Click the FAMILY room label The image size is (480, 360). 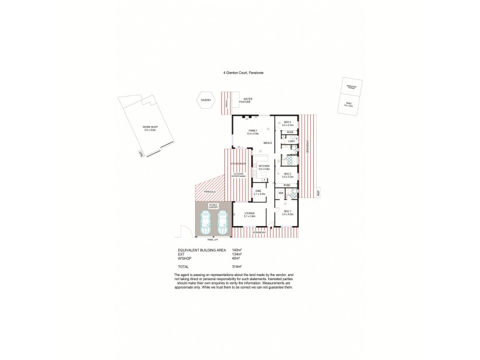point(253,130)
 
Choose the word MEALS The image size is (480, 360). point(267,143)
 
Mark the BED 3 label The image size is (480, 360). point(287,122)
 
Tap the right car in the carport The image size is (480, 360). point(223,223)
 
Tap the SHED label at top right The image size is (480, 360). point(349,103)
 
